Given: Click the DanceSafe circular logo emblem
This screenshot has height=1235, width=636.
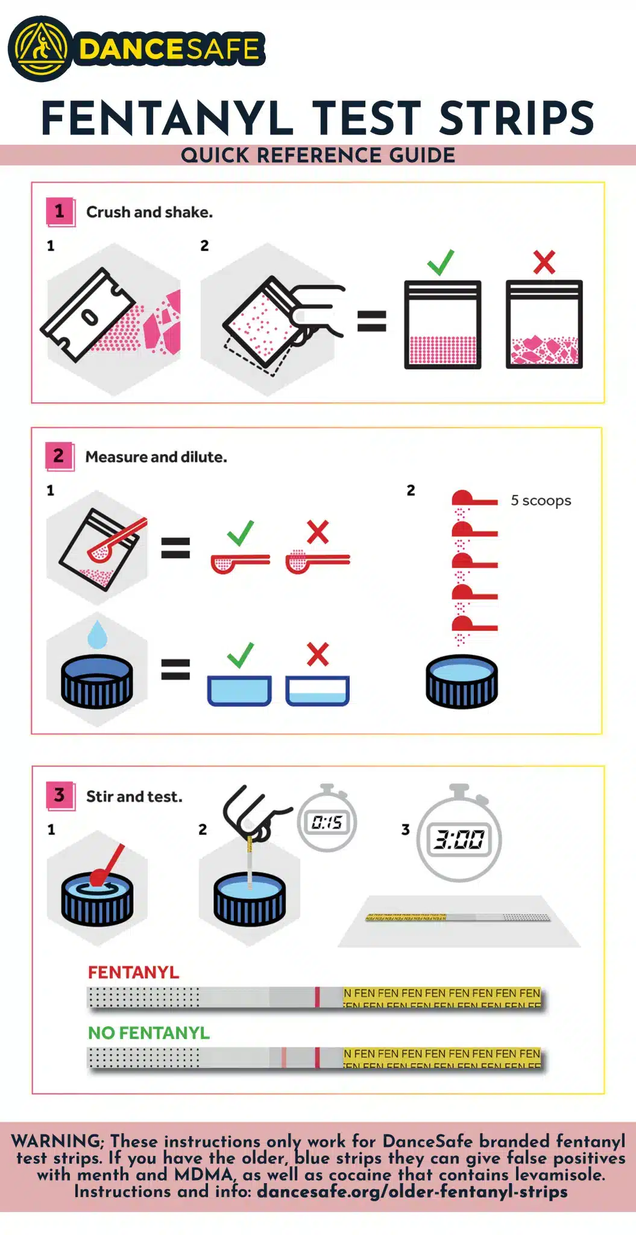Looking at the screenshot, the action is tap(40, 49).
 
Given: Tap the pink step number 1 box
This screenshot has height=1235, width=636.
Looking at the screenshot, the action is tap(60, 211).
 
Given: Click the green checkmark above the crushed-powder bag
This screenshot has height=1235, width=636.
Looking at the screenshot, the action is tap(441, 262).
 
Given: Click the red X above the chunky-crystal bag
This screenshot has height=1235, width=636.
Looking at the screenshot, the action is tap(544, 262).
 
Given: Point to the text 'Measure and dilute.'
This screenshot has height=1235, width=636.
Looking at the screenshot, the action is tap(156, 457).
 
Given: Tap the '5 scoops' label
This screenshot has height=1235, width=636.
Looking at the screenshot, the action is tap(541, 501).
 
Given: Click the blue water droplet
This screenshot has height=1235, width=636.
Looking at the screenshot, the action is tap(97, 635).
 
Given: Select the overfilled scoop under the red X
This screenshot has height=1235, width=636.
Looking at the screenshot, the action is tap(318, 560).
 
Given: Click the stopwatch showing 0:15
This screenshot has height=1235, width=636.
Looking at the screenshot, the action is tap(327, 818).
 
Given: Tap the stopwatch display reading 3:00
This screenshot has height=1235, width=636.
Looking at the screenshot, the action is tap(459, 839).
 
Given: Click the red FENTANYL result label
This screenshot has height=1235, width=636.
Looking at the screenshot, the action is tap(133, 973).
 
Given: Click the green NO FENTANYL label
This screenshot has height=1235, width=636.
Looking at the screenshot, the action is tap(149, 1033).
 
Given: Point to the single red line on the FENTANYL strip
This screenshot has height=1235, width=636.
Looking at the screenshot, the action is tap(317, 997).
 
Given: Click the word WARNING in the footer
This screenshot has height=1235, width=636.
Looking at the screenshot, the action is tap(57, 1141).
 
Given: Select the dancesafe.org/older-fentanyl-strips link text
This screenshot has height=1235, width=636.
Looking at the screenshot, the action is tap(412, 1192).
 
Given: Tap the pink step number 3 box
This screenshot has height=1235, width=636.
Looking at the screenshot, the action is tap(60, 795).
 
